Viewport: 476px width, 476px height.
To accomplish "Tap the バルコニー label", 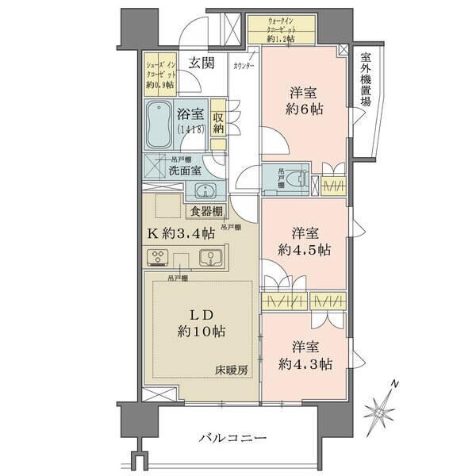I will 232,438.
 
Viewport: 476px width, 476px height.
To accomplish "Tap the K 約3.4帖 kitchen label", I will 180,233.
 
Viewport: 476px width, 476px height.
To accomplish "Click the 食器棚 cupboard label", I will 205,211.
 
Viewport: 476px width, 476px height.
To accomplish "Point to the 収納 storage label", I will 218,122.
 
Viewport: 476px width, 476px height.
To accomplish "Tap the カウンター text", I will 243,67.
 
